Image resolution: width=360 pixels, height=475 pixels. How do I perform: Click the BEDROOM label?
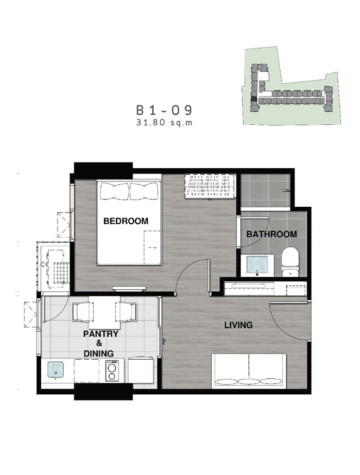click(126, 221)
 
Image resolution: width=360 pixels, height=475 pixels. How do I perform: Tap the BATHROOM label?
click(271, 234)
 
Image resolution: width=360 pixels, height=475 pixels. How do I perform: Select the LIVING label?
click(238, 325)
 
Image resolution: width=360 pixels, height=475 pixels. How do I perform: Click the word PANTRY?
click(101, 334)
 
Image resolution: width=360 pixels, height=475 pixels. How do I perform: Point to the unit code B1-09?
click(164, 110)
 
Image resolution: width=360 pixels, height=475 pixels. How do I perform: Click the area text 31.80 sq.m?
click(164, 123)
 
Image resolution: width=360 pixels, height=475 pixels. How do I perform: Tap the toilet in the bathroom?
click(291, 262)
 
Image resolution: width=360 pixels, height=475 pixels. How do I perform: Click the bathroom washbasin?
click(257, 265)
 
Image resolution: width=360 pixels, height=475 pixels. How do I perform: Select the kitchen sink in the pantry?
click(56, 369)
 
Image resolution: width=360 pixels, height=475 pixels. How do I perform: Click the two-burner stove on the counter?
click(112, 370)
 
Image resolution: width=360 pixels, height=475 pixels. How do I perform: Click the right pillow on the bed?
click(144, 191)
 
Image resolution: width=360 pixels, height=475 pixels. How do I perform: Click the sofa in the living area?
click(249, 371)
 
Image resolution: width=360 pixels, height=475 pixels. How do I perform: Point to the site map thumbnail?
click(292, 86)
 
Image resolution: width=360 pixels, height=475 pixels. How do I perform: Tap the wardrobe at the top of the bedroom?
click(210, 186)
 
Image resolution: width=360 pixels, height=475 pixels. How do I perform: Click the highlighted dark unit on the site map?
click(254, 98)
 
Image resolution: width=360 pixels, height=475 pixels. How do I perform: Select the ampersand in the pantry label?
click(99, 343)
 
